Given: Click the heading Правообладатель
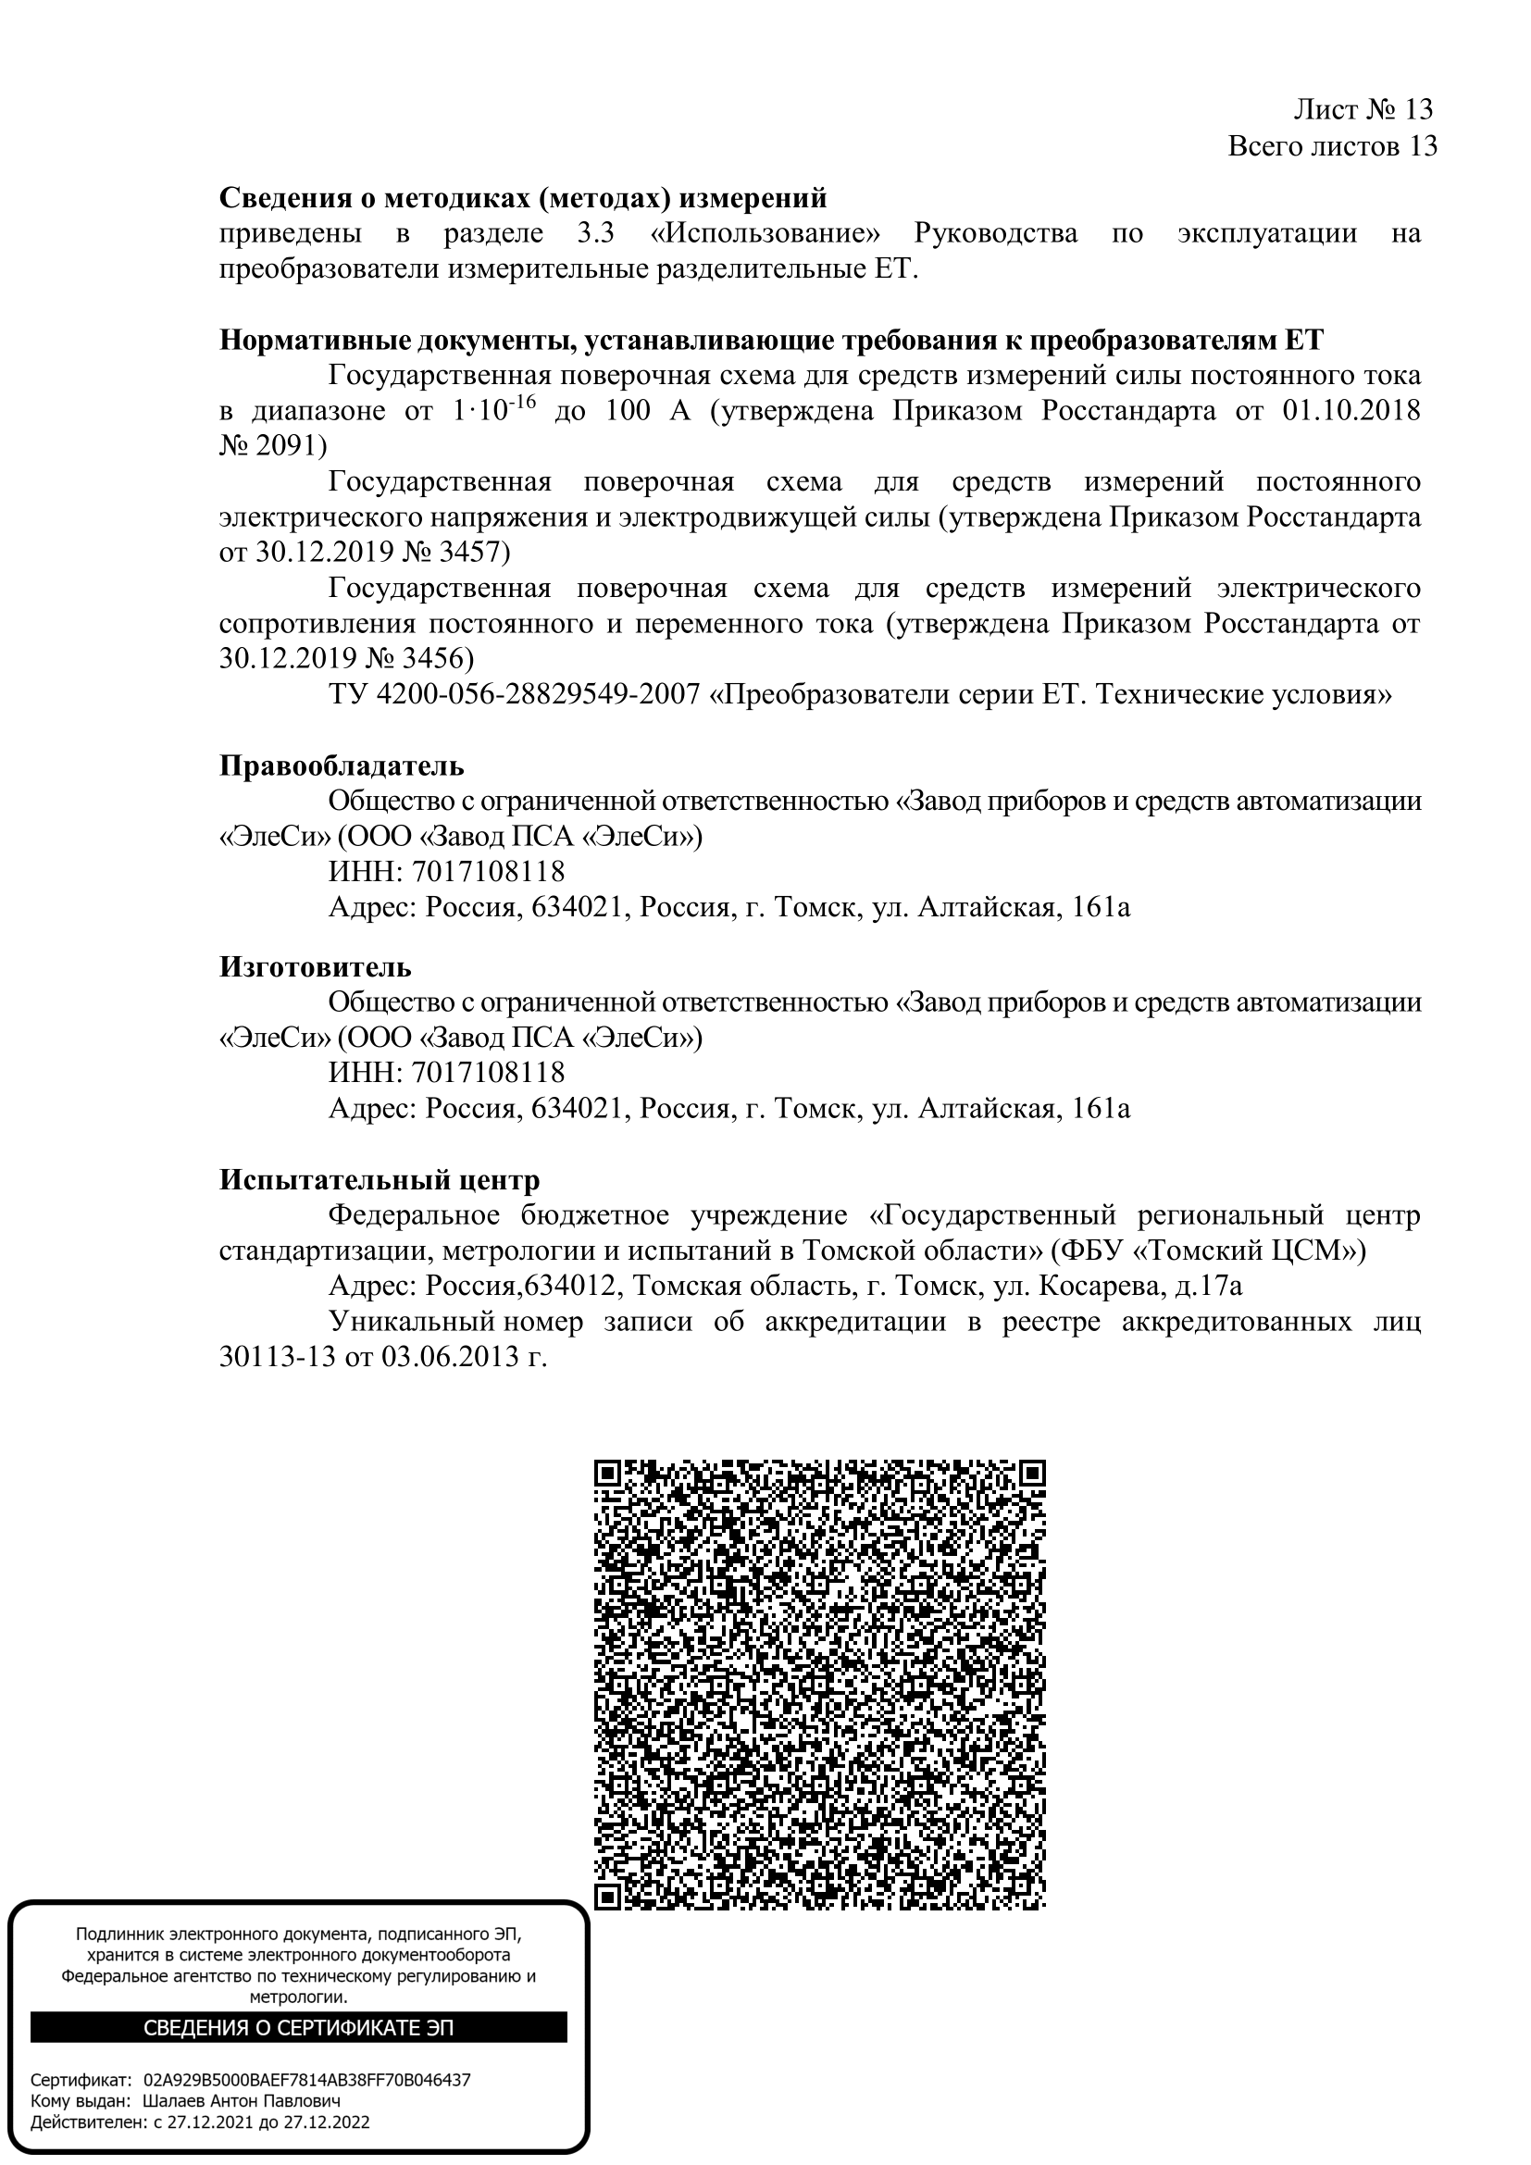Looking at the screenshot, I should click(x=342, y=765).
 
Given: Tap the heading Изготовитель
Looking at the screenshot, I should click(x=315, y=966).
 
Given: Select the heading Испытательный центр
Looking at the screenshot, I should click(x=379, y=1179).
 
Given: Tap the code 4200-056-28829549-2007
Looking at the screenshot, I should click(x=539, y=695).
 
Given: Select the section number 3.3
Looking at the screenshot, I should click(x=595, y=234).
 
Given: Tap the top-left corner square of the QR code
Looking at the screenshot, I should click(x=607, y=1474).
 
